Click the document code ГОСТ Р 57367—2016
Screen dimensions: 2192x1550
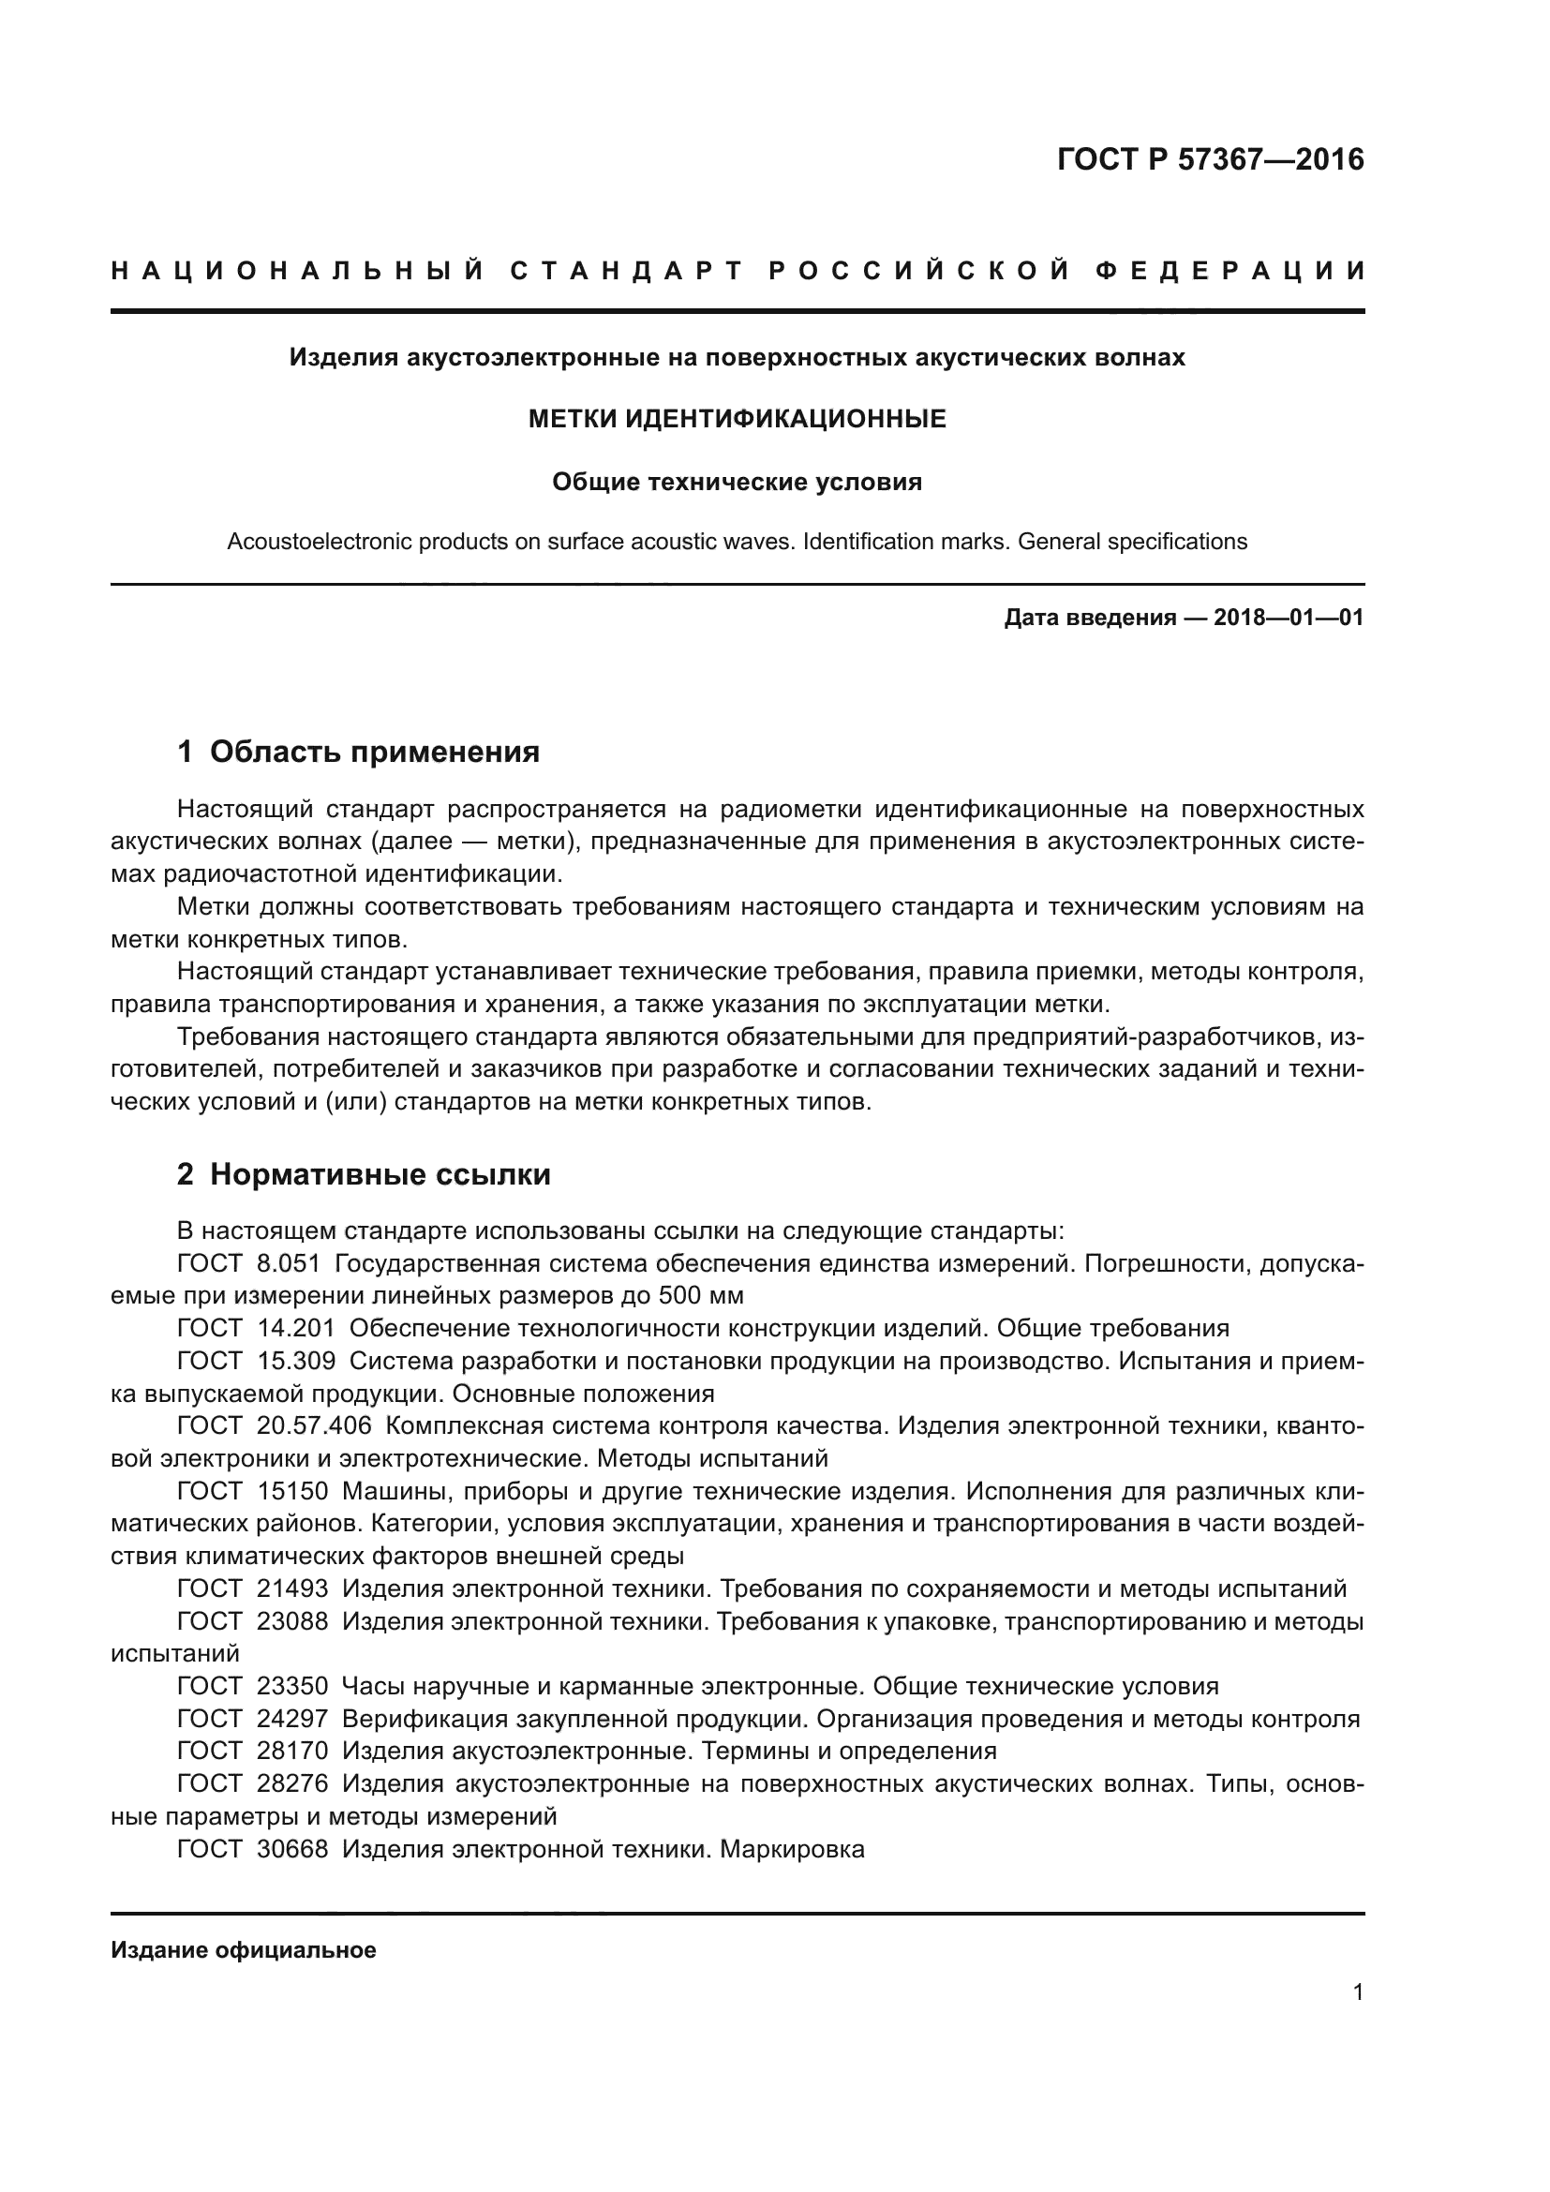tap(1210, 159)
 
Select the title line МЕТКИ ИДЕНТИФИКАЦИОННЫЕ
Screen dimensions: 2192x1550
tap(737, 418)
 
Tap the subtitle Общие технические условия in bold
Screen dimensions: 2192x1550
tap(737, 482)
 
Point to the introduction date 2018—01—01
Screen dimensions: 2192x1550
tap(1288, 618)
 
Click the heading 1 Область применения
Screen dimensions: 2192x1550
tap(359, 753)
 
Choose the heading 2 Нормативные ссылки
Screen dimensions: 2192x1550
tap(364, 1174)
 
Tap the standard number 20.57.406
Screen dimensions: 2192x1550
tap(314, 1426)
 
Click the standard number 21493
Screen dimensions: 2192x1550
tap(292, 1588)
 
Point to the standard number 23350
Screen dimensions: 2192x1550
tap(292, 1686)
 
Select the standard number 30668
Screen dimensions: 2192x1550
tap(292, 1849)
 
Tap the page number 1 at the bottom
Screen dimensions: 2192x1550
tap(1357, 1992)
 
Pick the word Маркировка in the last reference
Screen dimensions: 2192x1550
tap(792, 1849)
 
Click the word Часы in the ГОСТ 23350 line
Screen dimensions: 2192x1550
tap(371, 1686)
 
